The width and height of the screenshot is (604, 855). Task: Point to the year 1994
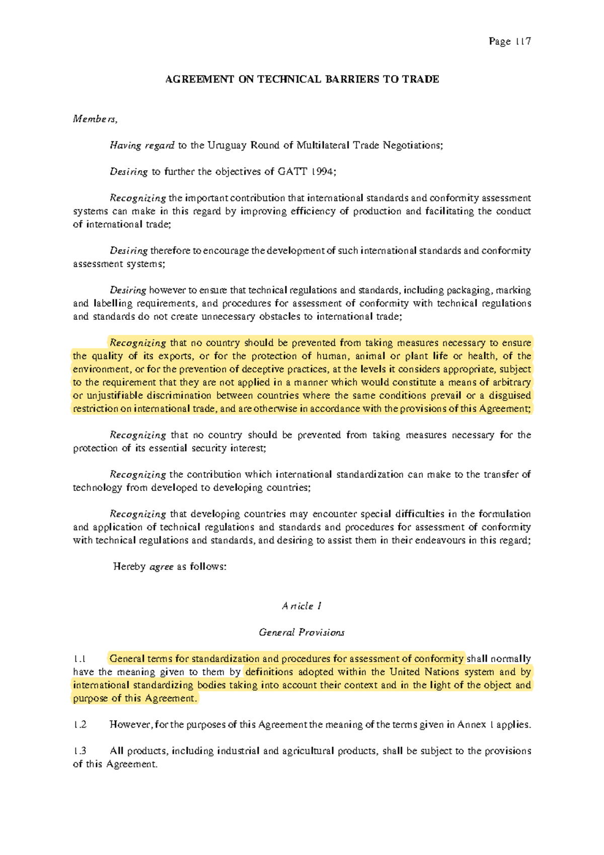[323, 172]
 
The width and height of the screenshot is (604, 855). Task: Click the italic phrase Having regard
[142, 146]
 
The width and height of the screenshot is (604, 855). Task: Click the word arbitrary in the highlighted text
[510, 382]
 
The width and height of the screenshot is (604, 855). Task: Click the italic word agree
[162, 567]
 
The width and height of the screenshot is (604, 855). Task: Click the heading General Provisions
[301, 632]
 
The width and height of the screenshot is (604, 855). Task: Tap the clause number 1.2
[80, 725]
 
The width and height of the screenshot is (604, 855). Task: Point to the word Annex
[472, 725]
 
